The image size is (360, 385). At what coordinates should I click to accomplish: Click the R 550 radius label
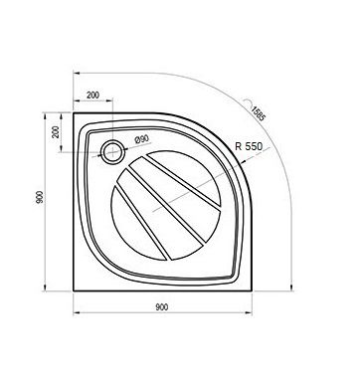pos(249,146)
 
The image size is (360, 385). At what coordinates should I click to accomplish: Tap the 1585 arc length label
pos(258,113)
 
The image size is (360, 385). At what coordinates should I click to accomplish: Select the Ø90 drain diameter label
pos(141,139)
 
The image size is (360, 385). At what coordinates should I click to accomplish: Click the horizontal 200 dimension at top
pos(92,95)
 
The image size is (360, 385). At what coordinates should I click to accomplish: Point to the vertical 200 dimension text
pos(56,131)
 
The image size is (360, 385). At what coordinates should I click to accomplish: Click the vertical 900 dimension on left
pos(40,197)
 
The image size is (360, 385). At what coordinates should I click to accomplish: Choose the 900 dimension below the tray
pos(162,307)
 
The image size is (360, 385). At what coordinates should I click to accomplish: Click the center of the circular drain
pos(113,152)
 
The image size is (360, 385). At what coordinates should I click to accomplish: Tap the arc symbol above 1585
pos(247,102)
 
